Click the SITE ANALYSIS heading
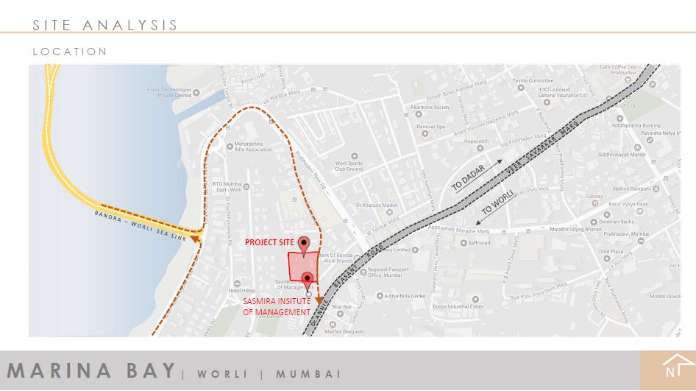(x=105, y=25)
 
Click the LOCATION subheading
(x=70, y=52)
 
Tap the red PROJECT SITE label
(x=269, y=242)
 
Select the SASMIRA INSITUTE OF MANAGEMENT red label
(x=277, y=306)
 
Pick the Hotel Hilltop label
(x=244, y=292)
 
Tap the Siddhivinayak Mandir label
(x=622, y=155)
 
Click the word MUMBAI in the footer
(x=308, y=374)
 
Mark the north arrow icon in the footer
(x=671, y=366)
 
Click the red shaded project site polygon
(x=302, y=266)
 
